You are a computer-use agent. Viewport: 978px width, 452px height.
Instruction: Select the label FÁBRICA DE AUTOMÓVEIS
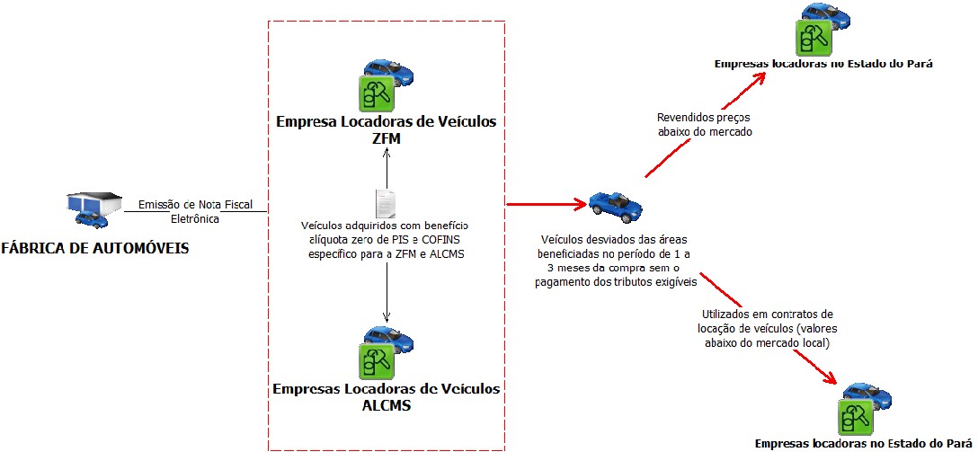[95, 248]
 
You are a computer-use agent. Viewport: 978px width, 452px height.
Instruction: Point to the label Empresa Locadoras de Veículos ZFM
[386, 129]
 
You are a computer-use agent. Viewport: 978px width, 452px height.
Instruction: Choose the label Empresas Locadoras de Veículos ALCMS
[386, 396]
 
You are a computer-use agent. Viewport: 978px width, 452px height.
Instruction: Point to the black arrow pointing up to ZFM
[386, 166]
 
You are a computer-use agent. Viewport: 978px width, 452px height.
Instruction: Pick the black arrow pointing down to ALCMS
[387, 292]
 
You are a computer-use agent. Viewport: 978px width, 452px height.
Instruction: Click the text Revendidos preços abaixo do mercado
[704, 124]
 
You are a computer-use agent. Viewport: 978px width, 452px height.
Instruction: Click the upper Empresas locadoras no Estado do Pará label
[823, 65]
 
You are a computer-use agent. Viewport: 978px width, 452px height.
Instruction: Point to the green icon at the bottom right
[855, 416]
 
